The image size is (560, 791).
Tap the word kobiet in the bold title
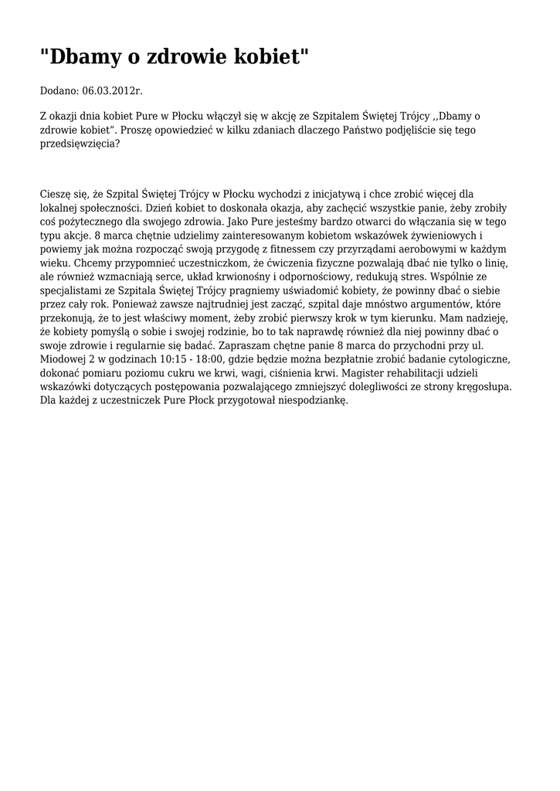[267, 57]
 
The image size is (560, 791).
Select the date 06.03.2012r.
[112, 91]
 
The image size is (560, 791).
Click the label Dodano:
[59, 91]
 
